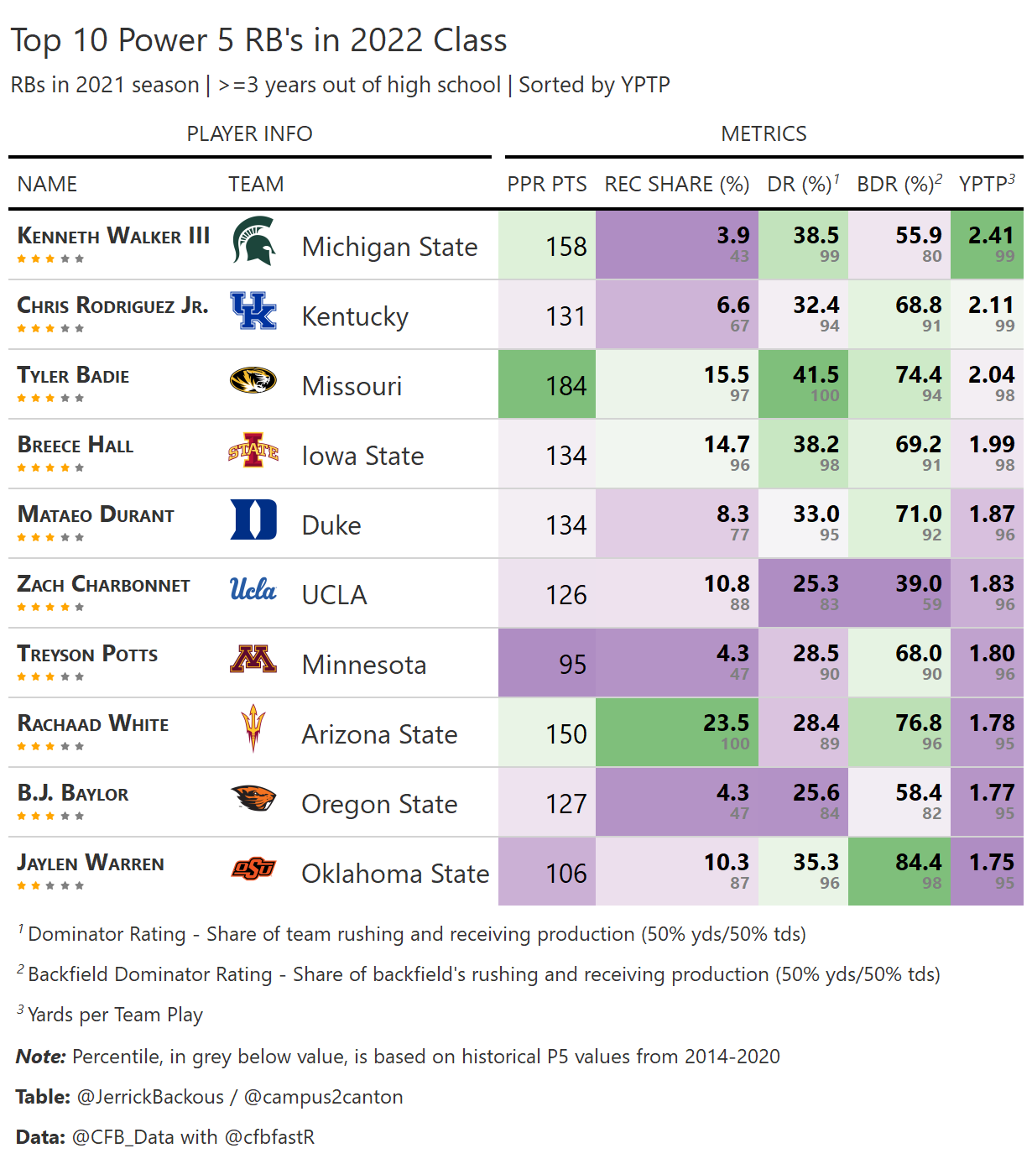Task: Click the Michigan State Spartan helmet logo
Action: coord(253,241)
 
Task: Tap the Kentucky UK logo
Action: coord(253,311)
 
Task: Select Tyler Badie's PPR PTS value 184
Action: coord(566,386)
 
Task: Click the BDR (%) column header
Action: coord(899,184)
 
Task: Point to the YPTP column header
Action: coord(986,184)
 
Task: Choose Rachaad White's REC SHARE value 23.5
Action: coord(726,723)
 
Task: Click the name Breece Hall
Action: coord(76,445)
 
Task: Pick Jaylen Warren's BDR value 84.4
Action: coord(918,863)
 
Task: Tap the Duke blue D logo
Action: coord(253,519)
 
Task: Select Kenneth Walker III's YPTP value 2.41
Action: coord(991,236)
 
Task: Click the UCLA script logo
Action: coord(253,589)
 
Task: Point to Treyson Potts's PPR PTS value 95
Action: coord(572,665)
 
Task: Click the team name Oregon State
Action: coord(379,804)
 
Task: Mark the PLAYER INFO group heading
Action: coord(249,133)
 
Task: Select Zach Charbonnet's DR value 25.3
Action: coord(816,584)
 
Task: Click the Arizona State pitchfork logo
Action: coord(253,728)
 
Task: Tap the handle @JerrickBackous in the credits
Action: coord(150,1097)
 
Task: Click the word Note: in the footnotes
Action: coord(40,1057)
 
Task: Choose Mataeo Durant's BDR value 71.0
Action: coord(918,514)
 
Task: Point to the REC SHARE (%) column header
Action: coord(676,184)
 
